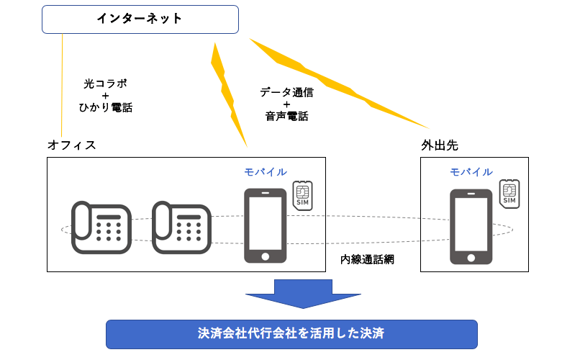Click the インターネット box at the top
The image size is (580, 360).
pos(140,19)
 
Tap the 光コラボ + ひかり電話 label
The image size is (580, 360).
pos(105,96)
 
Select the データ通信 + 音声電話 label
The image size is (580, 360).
pos(286,104)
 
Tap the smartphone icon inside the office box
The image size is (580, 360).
pos(265,225)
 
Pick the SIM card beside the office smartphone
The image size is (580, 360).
pos(302,196)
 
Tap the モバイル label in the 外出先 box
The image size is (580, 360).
pos(471,172)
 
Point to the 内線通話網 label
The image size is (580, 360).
pos(367,258)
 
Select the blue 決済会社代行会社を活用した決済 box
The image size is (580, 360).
pos(291,334)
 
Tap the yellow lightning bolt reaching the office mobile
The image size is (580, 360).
pos(228,94)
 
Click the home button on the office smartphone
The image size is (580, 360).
pos(265,255)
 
